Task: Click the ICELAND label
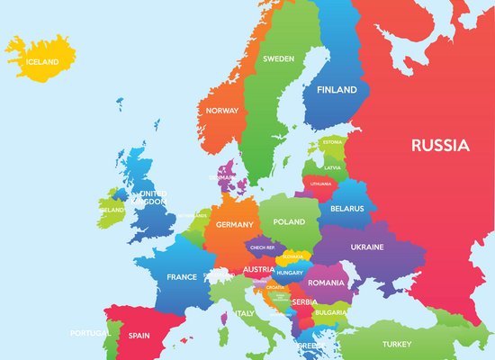(x=41, y=62)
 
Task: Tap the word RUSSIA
(x=439, y=144)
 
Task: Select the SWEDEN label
(x=278, y=58)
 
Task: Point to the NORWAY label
(x=221, y=111)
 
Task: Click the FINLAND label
(x=336, y=90)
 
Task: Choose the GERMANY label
(x=236, y=224)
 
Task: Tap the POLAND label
(x=290, y=221)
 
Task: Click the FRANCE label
(x=182, y=277)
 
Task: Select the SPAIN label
(x=139, y=335)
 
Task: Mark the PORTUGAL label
(x=90, y=333)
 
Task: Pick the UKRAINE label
(x=366, y=247)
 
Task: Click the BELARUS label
(x=347, y=209)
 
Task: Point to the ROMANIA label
(x=326, y=283)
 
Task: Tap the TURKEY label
(x=396, y=344)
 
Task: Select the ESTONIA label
(x=333, y=142)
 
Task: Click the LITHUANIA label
(x=320, y=184)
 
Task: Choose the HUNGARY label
(x=290, y=272)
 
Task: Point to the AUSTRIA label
(x=258, y=269)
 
